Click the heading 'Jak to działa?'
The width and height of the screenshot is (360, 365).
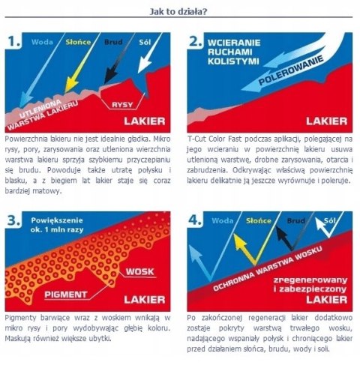click(x=178, y=11)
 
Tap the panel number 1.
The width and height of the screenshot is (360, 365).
click(x=14, y=41)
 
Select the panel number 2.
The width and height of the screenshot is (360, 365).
click(x=196, y=41)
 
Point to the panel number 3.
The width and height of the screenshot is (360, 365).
click(x=13, y=220)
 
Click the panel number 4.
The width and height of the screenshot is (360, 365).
click(x=196, y=220)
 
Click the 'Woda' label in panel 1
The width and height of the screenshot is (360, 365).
click(x=42, y=42)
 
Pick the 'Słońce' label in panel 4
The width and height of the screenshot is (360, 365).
click(x=258, y=220)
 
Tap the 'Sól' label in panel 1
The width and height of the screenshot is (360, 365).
click(x=145, y=42)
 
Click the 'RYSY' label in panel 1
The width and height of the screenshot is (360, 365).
click(x=122, y=104)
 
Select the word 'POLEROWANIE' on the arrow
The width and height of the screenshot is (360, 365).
click(x=291, y=70)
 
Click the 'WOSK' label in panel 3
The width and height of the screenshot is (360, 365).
click(x=139, y=271)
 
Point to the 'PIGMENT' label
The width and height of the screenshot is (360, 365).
click(x=66, y=295)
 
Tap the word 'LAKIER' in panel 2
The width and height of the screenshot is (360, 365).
click(x=326, y=121)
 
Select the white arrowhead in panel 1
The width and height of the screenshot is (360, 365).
click(x=145, y=64)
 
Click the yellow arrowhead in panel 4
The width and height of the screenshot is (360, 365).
click(x=240, y=241)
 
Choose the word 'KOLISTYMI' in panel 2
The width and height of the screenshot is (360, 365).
click(x=233, y=61)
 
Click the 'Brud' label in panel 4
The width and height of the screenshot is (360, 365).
click(x=295, y=220)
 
